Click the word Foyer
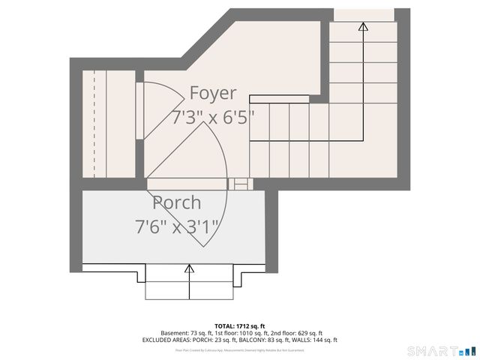[212, 93]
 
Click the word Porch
[177, 202]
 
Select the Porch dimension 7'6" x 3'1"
[177, 226]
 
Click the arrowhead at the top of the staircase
[363, 26]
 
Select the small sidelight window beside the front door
[241, 183]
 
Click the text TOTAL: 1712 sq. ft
[239, 326]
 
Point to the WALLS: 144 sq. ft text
[313, 340]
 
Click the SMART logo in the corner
[441, 351]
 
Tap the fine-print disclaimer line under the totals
[239, 349]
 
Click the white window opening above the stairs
[364, 14]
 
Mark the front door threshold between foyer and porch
[187, 184]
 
